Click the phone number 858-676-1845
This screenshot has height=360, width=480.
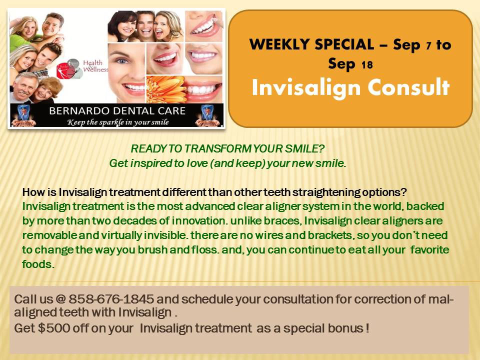[111, 299]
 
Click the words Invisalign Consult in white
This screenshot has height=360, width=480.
[351, 88]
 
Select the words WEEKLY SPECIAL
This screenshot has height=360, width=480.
[311, 44]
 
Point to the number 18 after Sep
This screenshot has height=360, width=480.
[367, 65]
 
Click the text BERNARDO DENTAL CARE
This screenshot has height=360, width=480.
[117, 110]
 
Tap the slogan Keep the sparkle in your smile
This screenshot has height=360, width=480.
[118, 122]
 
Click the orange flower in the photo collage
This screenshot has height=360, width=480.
[165, 89]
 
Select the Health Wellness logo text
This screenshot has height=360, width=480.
[95, 66]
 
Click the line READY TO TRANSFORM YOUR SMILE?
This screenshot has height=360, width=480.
[227, 148]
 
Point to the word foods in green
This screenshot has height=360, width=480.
[38, 264]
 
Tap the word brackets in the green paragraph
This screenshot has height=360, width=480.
[332, 235]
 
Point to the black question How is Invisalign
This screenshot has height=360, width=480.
[214, 192]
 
